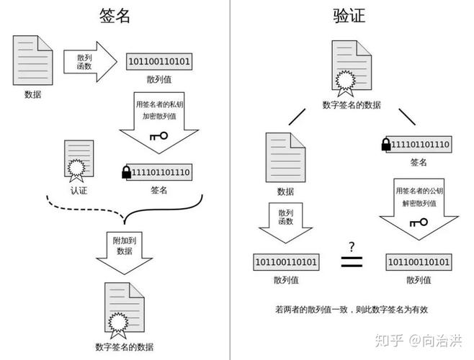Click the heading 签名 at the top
coord(115,16)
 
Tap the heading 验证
coord(351,16)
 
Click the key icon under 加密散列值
coord(158,135)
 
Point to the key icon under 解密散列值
coord(418,222)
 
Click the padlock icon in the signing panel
coord(127,172)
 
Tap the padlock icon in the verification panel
coord(386,145)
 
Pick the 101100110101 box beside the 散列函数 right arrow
coord(159,62)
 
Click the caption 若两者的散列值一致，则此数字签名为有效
coord(352,310)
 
